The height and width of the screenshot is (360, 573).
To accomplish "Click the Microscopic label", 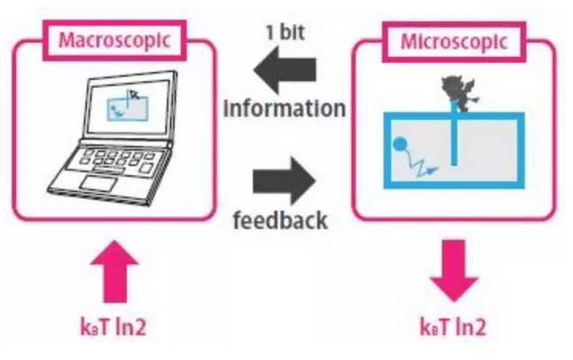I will pos(452,41).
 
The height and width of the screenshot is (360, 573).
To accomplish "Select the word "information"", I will pos(284,110).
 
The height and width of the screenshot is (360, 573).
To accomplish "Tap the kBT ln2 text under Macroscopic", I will pos(114,326).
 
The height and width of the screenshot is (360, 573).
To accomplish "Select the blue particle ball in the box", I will pos(399,142).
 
